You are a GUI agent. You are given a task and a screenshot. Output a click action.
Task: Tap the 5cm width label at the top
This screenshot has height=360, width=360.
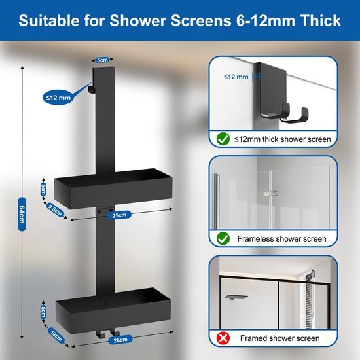(101, 60)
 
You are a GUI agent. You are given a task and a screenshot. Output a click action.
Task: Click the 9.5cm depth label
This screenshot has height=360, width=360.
(55, 211)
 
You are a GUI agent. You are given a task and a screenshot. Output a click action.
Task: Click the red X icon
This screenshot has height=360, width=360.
(223, 338)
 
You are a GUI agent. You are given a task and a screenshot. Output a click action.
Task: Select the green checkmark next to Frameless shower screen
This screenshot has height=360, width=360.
(223, 239)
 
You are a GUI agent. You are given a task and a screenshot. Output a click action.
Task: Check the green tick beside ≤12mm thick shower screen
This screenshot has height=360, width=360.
(223, 139)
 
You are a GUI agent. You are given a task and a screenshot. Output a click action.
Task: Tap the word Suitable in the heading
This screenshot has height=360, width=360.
(48, 21)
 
